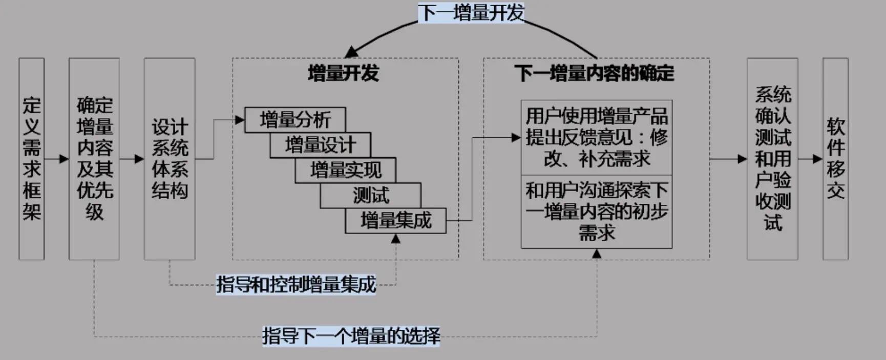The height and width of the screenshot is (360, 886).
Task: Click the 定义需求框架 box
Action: point(31,159)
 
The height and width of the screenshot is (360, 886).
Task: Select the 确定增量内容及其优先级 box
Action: point(94,159)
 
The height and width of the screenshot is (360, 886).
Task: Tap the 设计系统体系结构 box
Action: point(170,159)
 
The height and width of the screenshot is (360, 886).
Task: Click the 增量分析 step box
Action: point(295,120)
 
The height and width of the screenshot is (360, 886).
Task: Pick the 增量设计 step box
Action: point(320,145)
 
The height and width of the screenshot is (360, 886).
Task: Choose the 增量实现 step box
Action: point(345,170)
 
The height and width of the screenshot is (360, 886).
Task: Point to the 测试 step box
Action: point(371,195)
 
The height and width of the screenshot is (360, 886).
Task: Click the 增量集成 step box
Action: point(395,221)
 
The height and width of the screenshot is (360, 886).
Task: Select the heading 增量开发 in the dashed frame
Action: point(343,73)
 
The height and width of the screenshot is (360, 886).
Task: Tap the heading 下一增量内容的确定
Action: point(594,73)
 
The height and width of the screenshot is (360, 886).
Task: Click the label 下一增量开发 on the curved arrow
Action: point(471,13)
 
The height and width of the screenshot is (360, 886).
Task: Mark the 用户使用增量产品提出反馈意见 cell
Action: point(597,137)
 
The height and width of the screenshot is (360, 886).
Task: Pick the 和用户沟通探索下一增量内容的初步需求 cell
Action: point(597,211)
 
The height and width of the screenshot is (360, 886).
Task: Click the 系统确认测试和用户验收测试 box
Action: point(772,159)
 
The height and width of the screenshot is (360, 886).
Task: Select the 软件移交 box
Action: point(835,159)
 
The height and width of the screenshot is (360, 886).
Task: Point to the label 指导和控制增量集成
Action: point(296,284)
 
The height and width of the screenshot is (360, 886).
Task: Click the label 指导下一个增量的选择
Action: point(351,336)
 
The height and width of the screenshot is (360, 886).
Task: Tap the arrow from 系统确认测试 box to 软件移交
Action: point(810,159)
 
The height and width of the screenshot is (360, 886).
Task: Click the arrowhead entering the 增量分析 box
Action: point(239,120)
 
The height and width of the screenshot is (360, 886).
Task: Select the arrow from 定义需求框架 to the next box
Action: point(56,159)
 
